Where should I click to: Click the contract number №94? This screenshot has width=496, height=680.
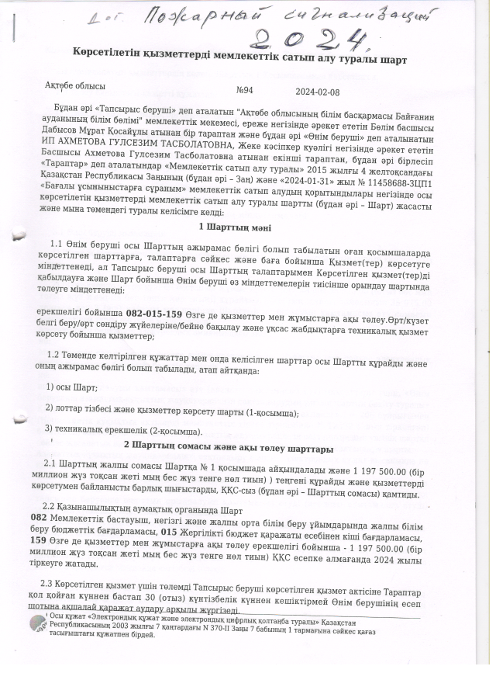click(x=244, y=90)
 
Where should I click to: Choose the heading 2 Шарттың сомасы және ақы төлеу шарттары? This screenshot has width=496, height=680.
click(x=229, y=448)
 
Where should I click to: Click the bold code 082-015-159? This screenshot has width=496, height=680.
click(x=153, y=314)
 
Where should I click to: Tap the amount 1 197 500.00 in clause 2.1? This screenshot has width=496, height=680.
click(x=377, y=470)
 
